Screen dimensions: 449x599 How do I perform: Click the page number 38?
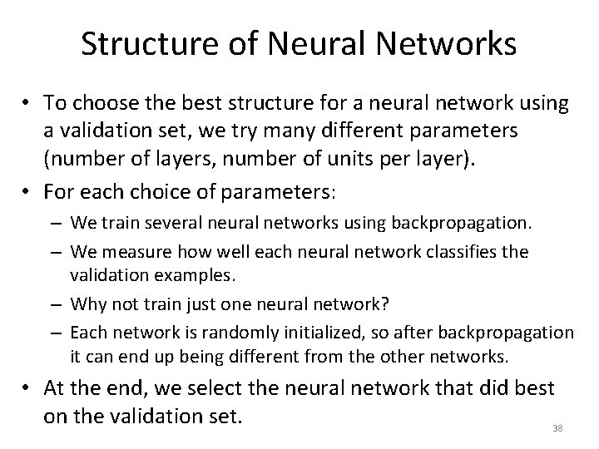557,428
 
